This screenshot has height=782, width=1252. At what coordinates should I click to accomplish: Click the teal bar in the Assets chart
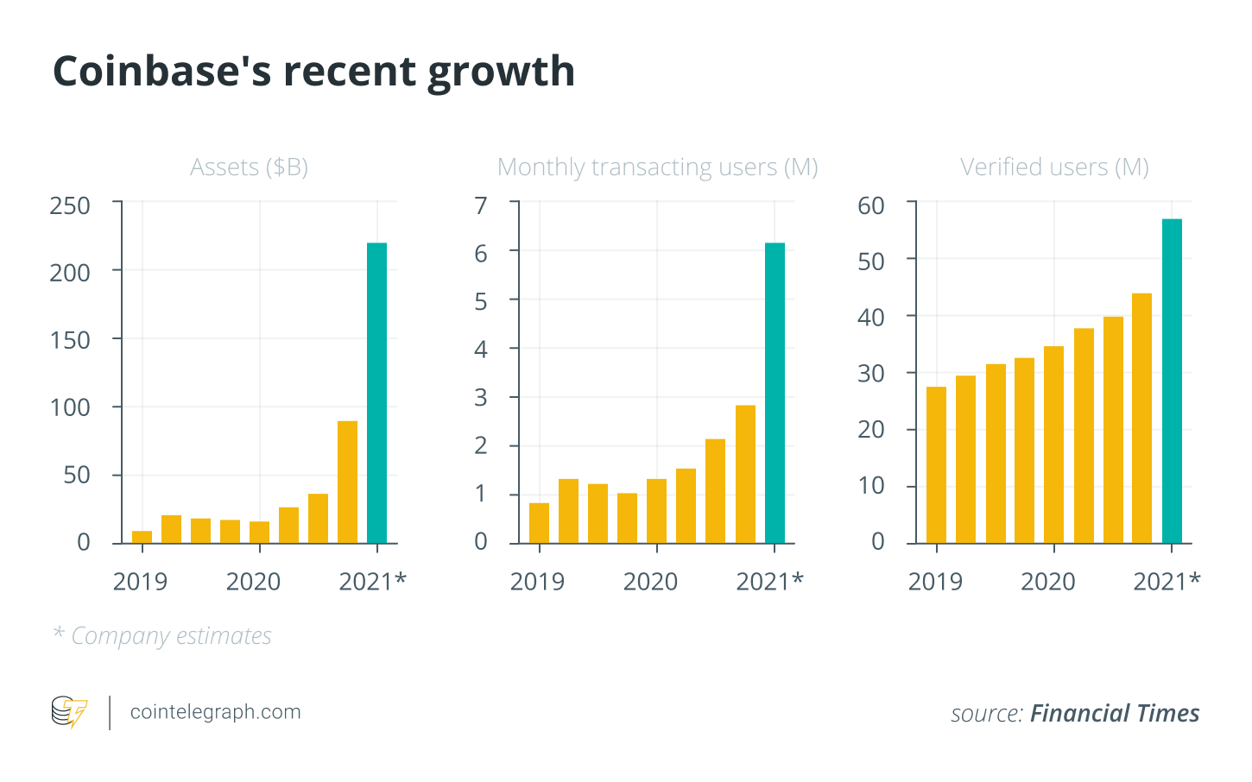(x=376, y=393)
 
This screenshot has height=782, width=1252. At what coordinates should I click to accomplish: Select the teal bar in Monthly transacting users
(x=775, y=393)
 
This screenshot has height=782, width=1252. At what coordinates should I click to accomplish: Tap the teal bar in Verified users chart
(x=1172, y=381)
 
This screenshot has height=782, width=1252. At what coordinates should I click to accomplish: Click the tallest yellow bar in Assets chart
(x=347, y=482)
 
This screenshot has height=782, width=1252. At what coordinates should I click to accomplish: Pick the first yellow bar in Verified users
(x=936, y=464)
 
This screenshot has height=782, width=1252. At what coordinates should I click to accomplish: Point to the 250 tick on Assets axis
(x=70, y=205)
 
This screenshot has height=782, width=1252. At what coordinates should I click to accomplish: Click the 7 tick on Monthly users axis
(x=481, y=205)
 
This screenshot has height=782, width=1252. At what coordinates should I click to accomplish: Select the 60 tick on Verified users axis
(x=871, y=205)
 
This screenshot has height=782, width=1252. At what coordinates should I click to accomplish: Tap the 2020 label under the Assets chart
(x=253, y=582)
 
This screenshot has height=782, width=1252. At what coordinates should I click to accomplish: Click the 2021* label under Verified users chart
(x=1167, y=582)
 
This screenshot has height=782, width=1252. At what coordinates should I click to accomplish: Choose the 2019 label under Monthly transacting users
(x=537, y=582)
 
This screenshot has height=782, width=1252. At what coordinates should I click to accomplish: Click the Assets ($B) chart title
(x=249, y=167)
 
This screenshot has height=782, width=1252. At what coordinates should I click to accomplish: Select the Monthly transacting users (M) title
(x=657, y=167)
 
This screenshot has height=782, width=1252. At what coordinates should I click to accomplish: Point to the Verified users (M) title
(x=1054, y=167)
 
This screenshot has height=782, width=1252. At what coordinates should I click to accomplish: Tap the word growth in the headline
(x=501, y=73)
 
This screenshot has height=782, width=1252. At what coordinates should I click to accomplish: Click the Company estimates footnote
(x=171, y=636)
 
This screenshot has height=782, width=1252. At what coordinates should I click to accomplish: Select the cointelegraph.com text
(x=215, y=712)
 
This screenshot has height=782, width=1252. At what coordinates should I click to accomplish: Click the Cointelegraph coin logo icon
(x=69, y=712)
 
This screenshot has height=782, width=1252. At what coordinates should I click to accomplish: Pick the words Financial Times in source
(x=1115, y=713)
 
